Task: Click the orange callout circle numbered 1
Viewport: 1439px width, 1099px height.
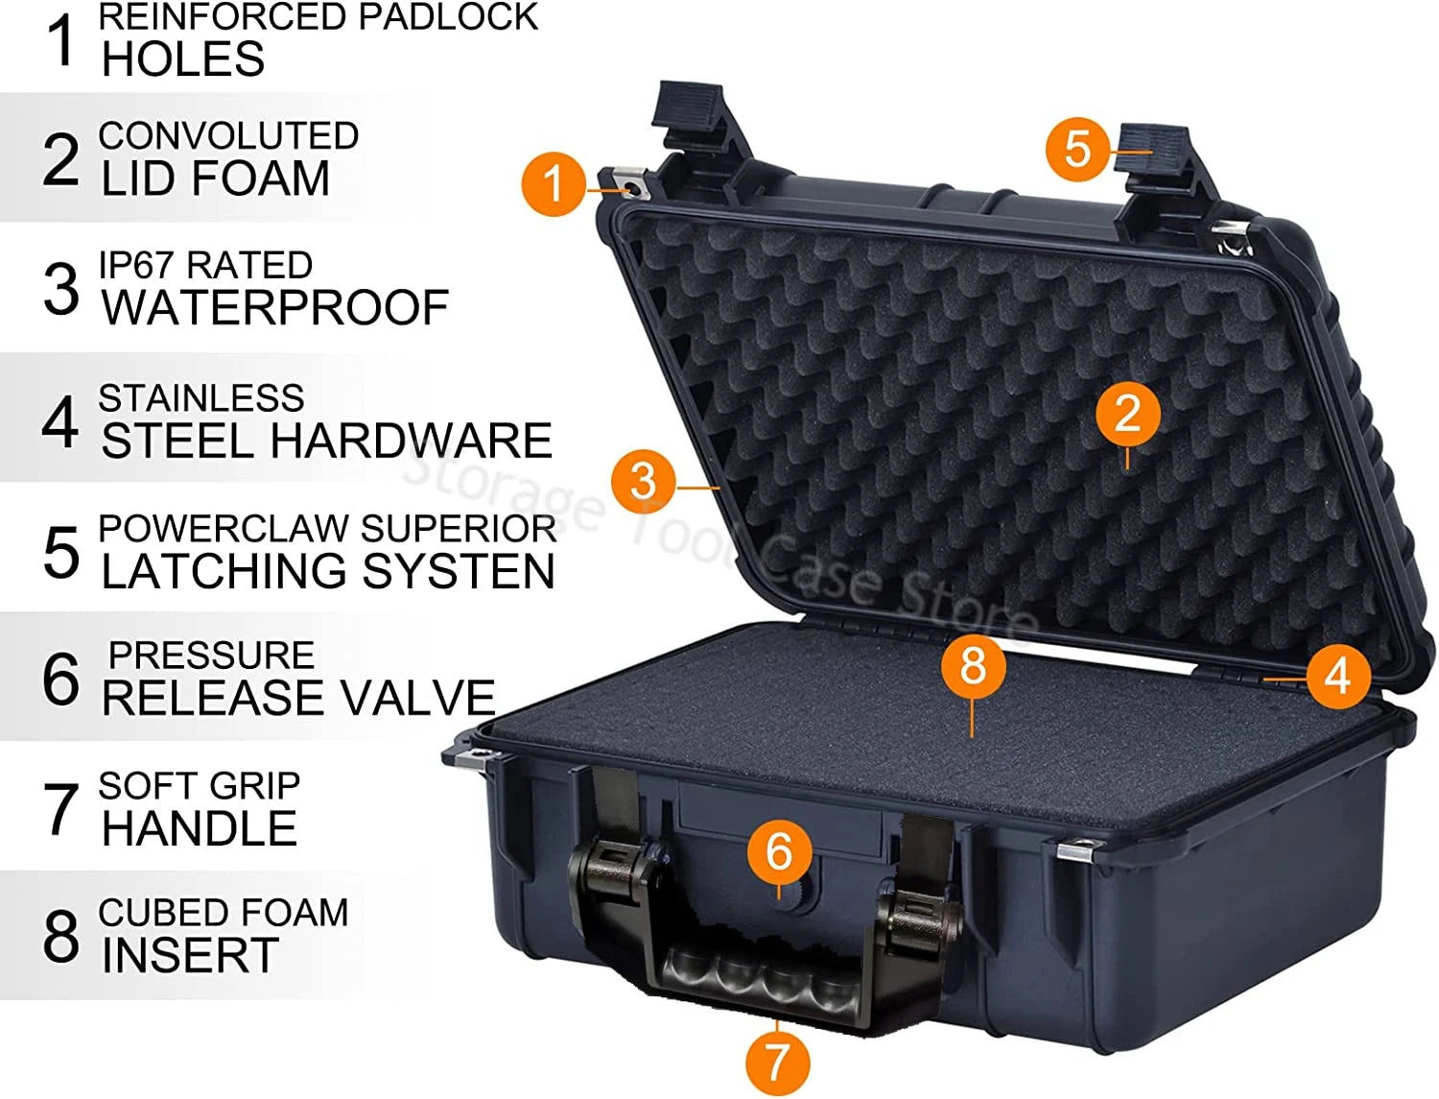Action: click(x=554, y=183)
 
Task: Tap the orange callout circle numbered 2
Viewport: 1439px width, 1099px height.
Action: click(x=1127, y=415)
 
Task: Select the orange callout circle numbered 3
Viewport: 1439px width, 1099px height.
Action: click(x=643, y=481)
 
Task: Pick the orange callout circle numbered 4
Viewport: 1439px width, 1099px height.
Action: click(x=1338, y=676)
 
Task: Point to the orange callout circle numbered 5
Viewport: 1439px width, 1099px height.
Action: click(x=1077, y=150)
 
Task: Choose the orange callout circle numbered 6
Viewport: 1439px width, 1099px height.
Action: click(x=780, y=851)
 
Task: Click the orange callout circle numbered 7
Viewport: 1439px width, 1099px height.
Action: click(x=777, y=1063)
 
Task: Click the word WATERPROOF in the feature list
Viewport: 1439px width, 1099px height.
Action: click(x=274, y=307)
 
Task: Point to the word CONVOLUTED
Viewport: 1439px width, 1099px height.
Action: click(x=228, y=135)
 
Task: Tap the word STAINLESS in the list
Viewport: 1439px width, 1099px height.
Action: click(x=201, y=398)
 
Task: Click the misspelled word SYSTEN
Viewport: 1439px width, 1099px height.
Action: click(x=459, y=570)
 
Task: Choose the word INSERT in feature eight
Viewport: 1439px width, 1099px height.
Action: click(x=190, y=955)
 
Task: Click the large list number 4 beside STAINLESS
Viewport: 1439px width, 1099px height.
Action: click(x=59, y=421)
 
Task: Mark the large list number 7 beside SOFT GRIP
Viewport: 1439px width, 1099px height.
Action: click(x=61, y=809)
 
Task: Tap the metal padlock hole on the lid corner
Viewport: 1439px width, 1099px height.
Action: click(x=630, y=188)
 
